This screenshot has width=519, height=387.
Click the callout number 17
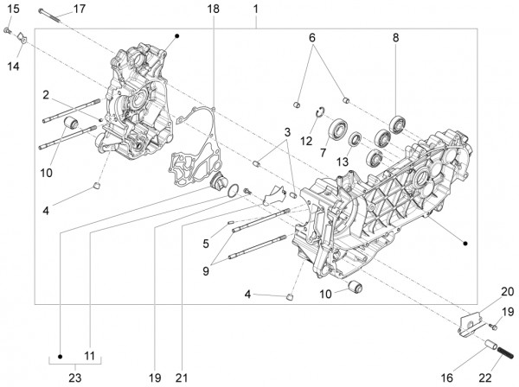tap(79, 10)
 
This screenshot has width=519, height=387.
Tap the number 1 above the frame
tap(256, 10)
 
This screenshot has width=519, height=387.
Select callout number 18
tap(214, 10)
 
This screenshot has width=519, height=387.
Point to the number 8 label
tap(395, 38)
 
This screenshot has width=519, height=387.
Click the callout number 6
tap(313, 38)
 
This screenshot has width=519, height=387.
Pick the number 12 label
tap(306, 140)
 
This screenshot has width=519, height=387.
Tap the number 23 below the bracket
tap(75, 377)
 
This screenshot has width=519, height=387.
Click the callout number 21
tap(182, 377)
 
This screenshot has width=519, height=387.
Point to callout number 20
tap(507, 291)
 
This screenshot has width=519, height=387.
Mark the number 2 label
tap(44, 94)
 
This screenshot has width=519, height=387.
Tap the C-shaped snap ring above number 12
tap(318, 111)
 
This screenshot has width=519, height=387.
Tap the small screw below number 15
tap(9, 31)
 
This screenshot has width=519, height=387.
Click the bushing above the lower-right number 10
tap(354, 285)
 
